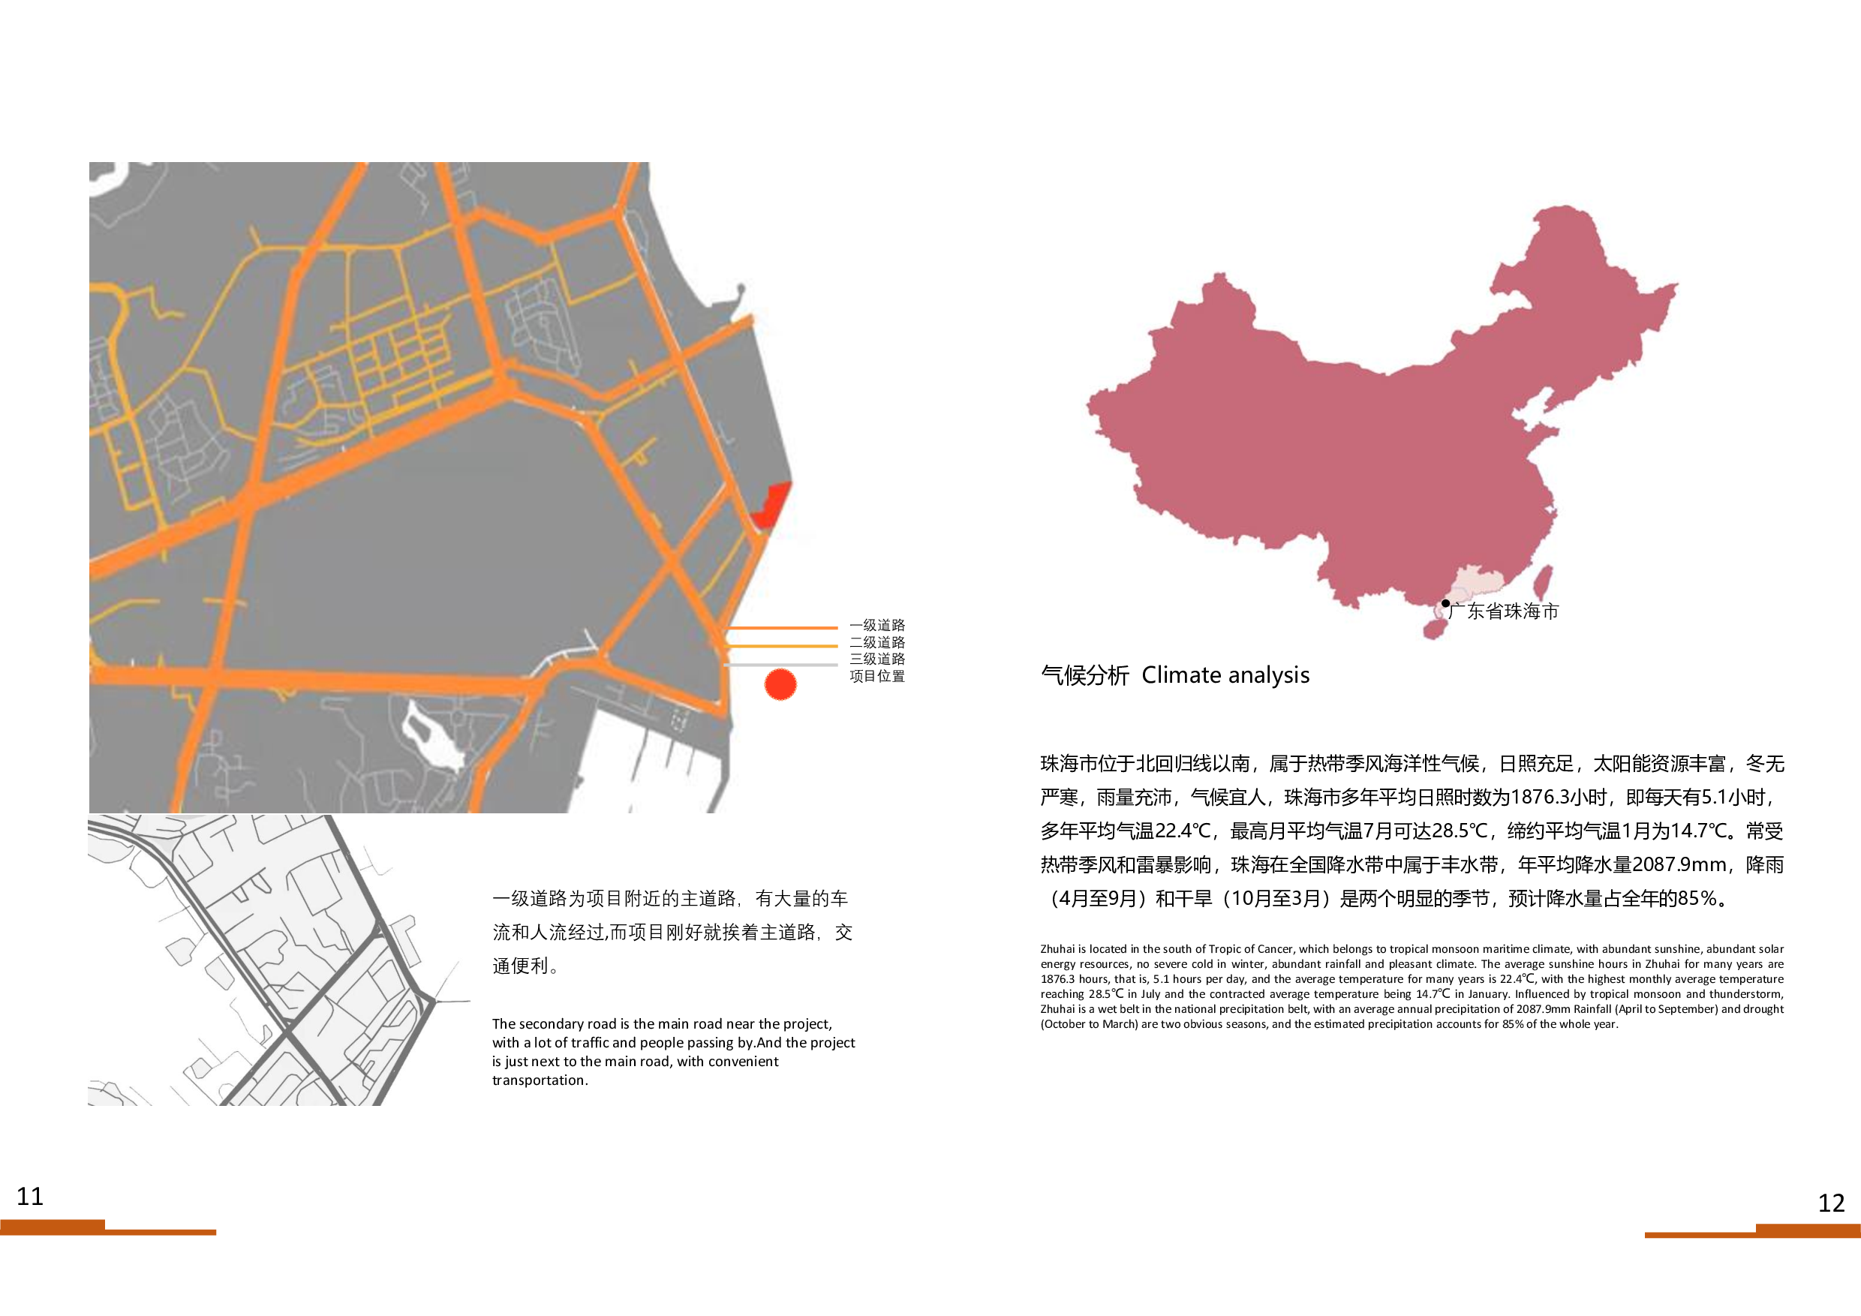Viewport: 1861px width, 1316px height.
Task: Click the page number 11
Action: [30, 1196]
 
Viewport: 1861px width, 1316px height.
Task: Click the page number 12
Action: [1831, 1203]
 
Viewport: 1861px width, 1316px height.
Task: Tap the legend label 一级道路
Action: [877, 625]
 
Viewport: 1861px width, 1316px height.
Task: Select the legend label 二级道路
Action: [877, 641]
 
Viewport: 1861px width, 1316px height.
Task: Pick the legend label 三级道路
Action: [877, 659]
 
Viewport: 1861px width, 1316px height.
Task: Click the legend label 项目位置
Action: [877, 676]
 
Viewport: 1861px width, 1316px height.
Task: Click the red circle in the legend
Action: [780, 685]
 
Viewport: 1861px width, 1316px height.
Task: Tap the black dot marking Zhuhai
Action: [1445, 603]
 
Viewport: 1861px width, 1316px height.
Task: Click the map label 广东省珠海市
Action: [1505, 611]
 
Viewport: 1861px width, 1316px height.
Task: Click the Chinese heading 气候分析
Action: [1084, 675]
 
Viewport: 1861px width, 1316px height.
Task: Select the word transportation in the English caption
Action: [538, 1080]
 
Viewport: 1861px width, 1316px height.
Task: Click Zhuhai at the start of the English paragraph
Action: [1057, 949]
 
